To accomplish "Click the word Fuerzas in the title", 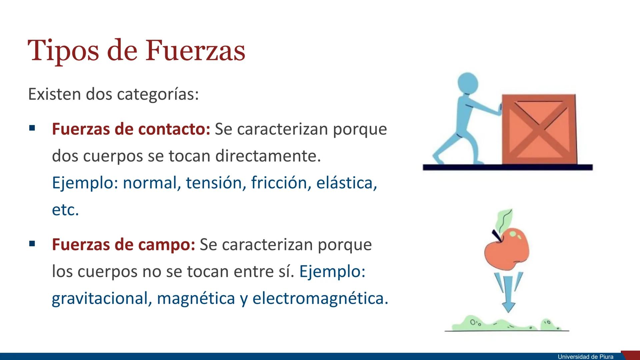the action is [195, 51].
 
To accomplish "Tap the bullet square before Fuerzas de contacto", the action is [32, 128].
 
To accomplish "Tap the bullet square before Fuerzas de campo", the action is [32, 244].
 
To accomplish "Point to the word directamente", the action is [268, 156].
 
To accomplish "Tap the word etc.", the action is [65, 210].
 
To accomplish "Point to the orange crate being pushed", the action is [539, 129].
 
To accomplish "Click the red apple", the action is [507, 249].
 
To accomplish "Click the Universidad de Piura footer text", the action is [586, 357].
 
